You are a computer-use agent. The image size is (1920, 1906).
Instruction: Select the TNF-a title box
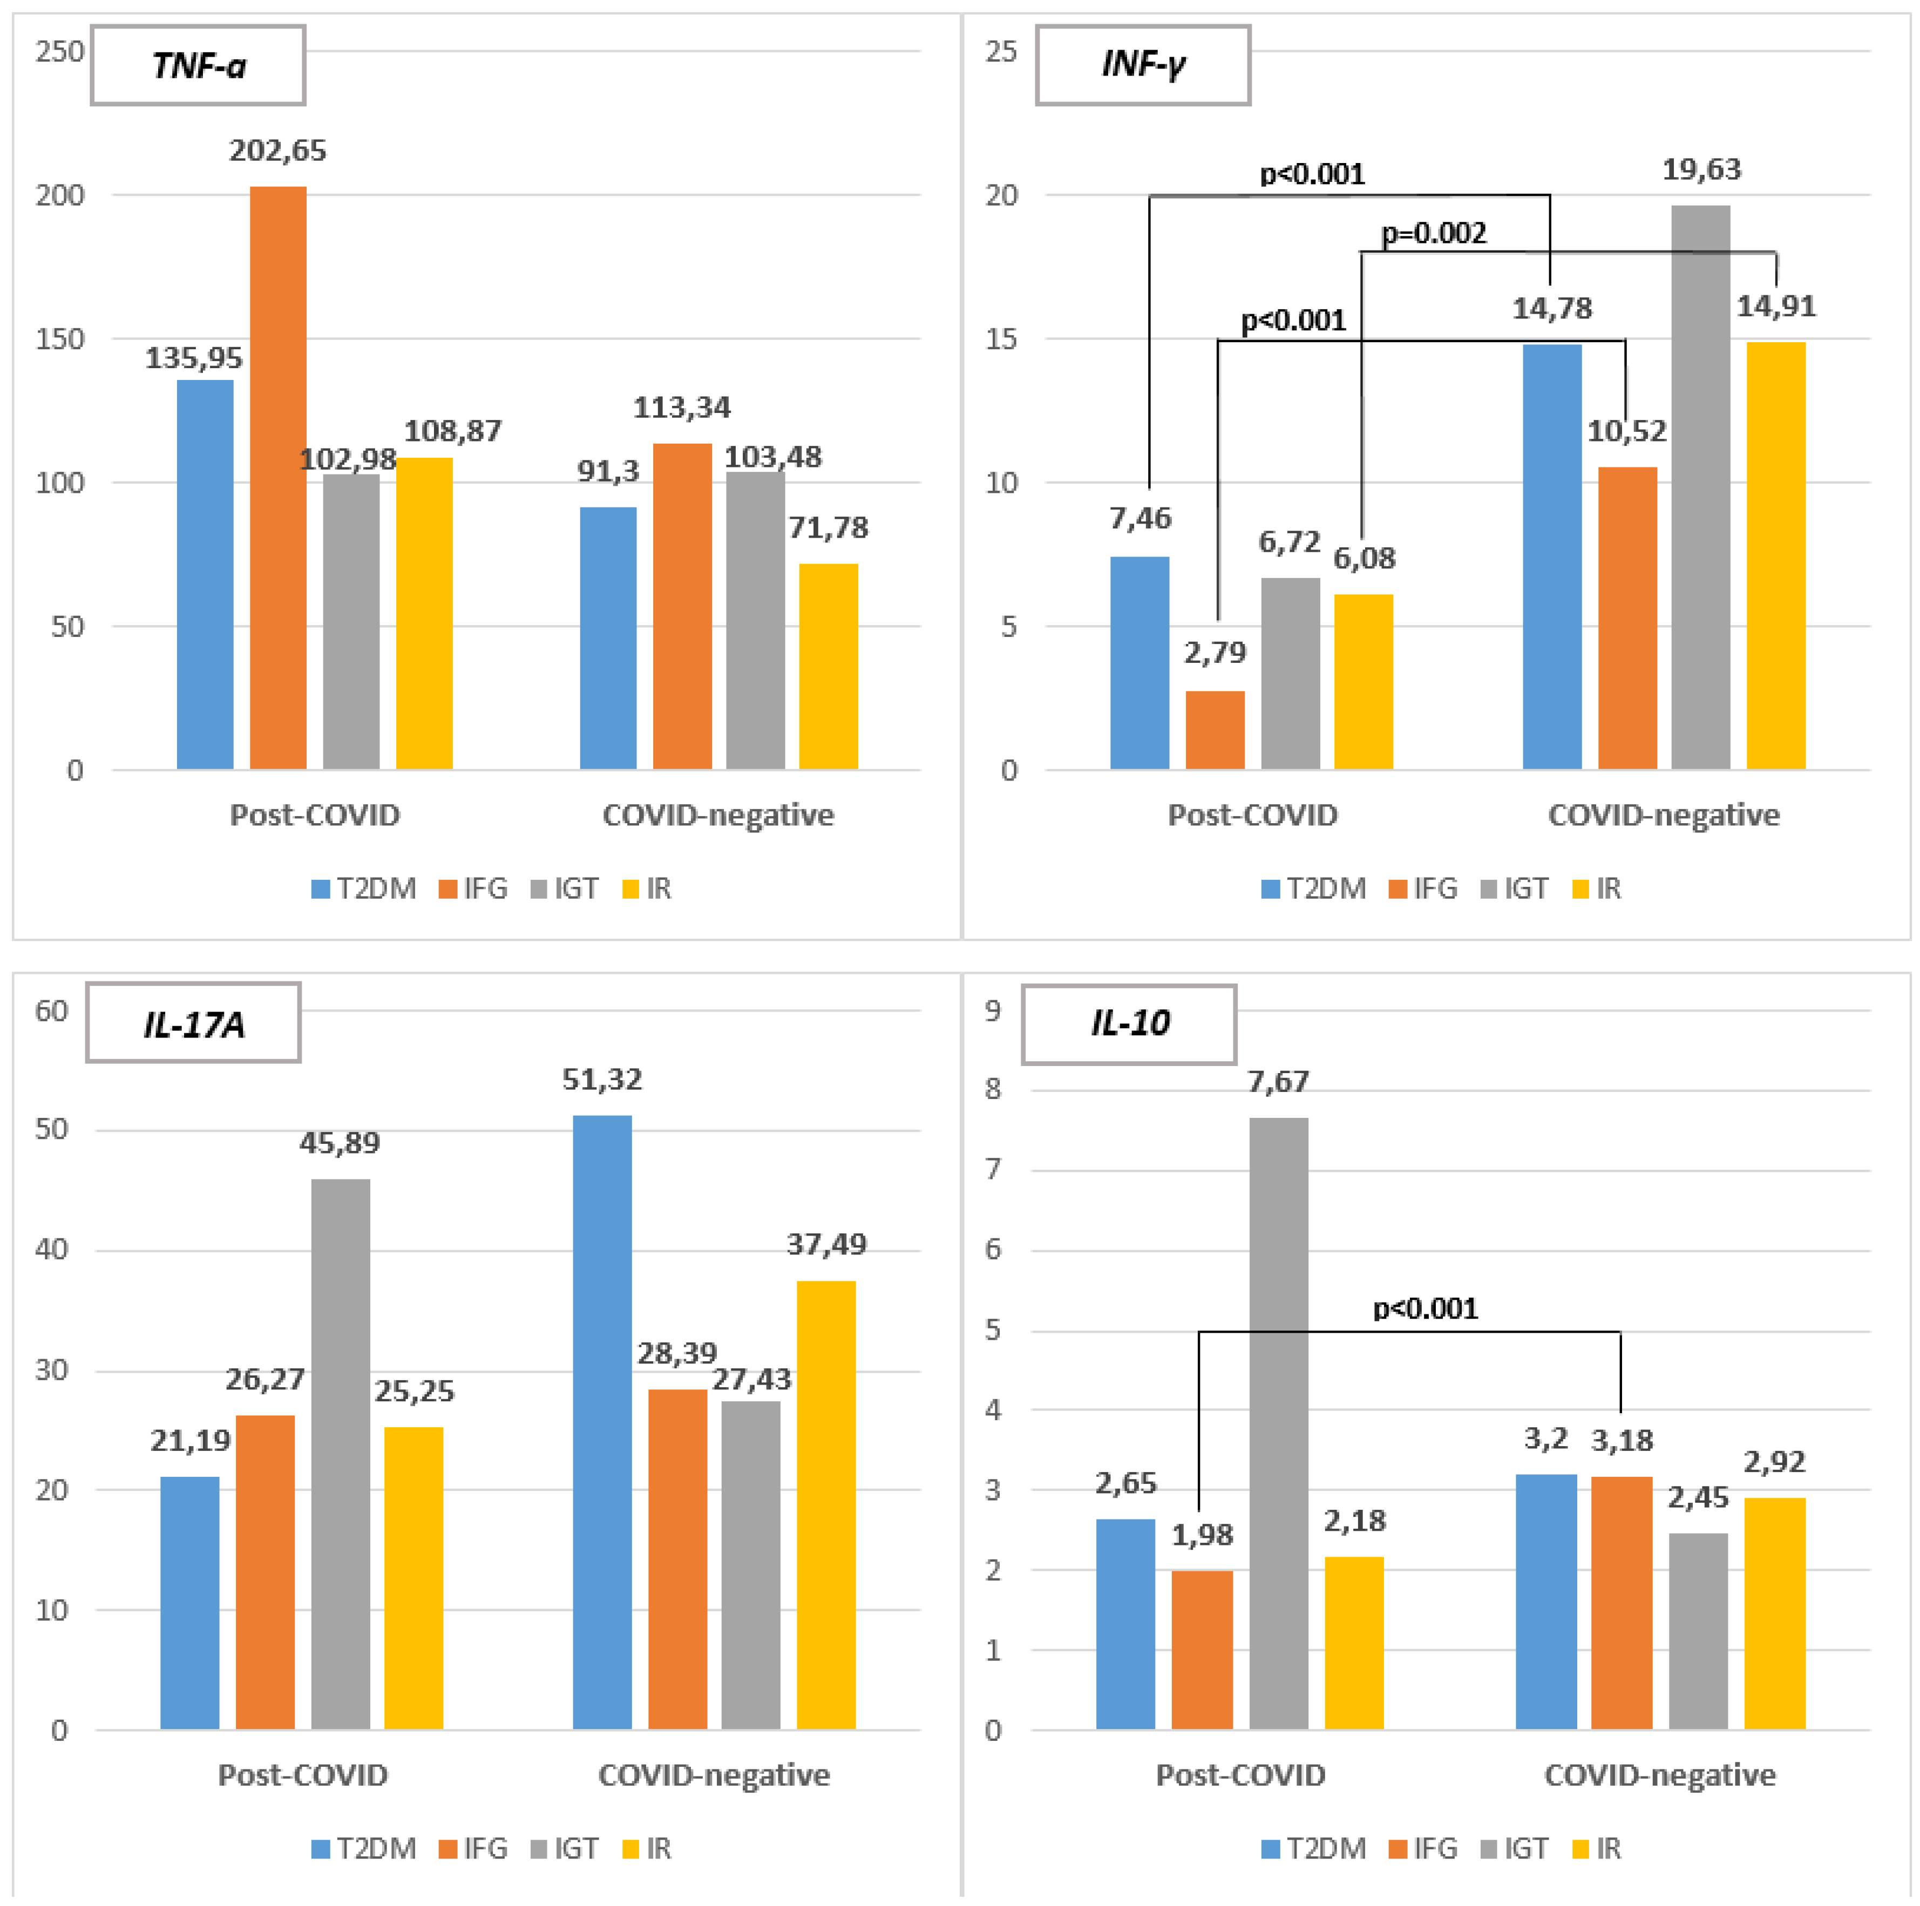pos(198,66)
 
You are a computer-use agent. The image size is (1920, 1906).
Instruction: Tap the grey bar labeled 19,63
pos(1700,487)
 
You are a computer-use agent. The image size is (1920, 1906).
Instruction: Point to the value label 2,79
pos(1215,653)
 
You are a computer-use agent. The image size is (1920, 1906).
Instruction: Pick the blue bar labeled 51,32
pos(602,1421)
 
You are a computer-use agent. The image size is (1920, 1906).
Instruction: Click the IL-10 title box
pos(1129,1023)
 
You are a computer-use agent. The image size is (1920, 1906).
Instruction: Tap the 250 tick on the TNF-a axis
pos(59,52)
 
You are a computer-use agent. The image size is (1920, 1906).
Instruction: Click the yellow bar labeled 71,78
pos(828,666)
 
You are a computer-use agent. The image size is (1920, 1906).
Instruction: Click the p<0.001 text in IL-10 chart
pos(1425,1309)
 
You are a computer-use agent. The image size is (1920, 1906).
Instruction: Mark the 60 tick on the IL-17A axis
pos(52,1012)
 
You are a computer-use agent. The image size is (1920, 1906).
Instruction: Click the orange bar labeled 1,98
pos(1202,1650)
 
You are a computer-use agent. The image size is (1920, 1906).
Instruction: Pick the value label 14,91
pos(1776,306)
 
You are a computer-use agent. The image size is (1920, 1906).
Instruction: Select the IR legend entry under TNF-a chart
pos(647,888)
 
